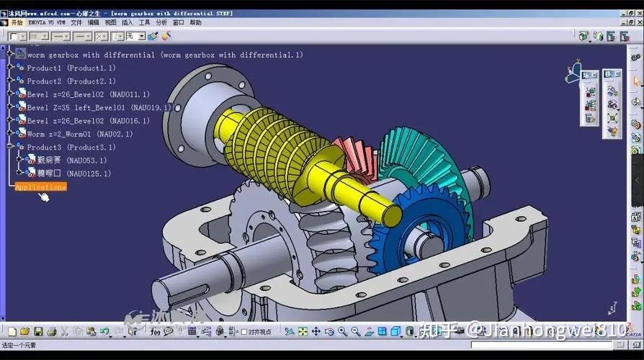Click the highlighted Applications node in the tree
click(x=40, y=186)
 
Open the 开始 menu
click(x=17, y=22)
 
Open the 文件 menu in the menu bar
click(x=76, y=22)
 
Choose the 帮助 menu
click(x=196, y=22)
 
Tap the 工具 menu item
click(x=145, y=22)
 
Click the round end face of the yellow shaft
click(x=388, y=214)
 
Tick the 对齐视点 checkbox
click(x=243, y=332)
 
